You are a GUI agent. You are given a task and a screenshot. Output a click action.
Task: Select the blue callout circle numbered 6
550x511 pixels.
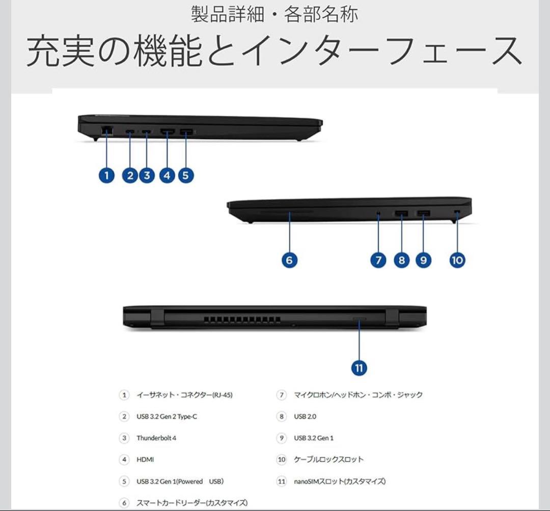[289, 260]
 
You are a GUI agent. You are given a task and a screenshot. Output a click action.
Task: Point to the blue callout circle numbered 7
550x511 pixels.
[378, 260]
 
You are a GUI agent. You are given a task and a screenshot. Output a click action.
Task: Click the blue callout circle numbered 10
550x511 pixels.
[457, 260]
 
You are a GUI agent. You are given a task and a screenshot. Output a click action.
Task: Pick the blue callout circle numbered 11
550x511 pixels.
[359, 367]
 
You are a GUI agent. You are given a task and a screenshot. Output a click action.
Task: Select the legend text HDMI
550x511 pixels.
[145, 460]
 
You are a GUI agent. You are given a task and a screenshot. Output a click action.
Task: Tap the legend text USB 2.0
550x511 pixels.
[305, 416]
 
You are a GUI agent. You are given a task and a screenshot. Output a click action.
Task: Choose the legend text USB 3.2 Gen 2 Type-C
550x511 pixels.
[167, 416]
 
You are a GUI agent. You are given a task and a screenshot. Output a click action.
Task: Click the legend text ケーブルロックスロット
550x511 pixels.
[328, 460]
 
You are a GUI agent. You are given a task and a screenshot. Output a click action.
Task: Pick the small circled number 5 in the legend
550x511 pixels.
[124, 481]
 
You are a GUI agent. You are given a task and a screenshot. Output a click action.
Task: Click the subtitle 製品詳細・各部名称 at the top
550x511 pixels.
[274, 14]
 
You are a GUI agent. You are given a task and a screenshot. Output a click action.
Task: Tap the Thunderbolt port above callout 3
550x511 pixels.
[147, 132]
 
